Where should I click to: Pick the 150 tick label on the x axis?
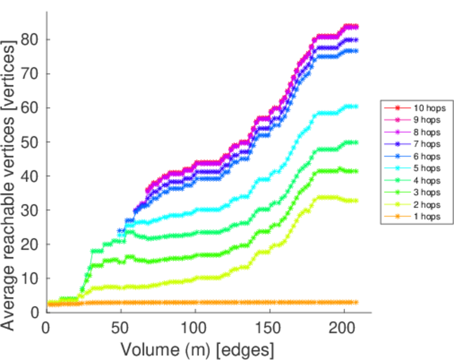(x=270, y=328)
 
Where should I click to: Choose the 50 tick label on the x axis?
(x=121, y=328)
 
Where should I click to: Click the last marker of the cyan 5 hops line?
(x=356, y=106)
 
